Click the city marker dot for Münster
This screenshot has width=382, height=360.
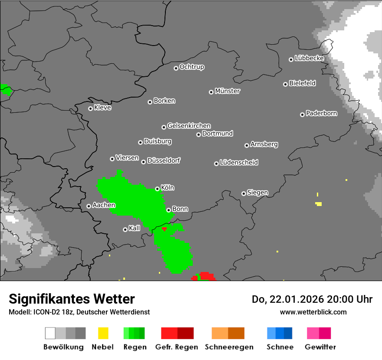click(211, 92)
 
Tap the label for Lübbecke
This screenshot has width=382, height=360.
click(309, 58)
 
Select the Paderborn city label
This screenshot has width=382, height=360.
click(321, 114)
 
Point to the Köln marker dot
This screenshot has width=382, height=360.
click(157, 189)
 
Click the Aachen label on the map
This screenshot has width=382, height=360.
click(104, 205)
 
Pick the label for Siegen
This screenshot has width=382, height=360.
click(257, 193)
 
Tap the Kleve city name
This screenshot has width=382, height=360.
click(102, 108)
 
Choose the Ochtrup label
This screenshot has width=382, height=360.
click(191, 67)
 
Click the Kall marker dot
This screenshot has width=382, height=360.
click(125, 229)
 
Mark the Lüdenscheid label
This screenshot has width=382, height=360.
click(239, 163)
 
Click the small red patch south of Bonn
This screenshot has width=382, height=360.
click(164, 229)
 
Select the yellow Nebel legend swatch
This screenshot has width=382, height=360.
click(103, 333)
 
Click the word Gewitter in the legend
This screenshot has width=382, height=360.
click(320, 347)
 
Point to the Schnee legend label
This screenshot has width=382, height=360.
click(280, 347)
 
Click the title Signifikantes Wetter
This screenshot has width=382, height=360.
click(72, 299)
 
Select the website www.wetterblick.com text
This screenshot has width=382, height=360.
click(313, 312)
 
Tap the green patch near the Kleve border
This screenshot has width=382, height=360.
click(6, 90)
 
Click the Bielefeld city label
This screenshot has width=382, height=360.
click(302, 83)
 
